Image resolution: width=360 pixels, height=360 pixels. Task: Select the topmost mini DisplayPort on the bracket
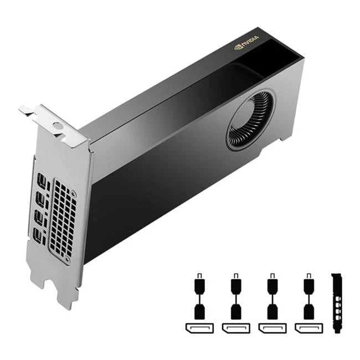point(42,181)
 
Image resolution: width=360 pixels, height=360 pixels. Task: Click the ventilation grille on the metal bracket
point(63,219)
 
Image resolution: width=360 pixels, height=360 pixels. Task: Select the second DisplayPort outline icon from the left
point(235,328)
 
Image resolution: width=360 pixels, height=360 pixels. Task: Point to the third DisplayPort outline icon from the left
point(272,328)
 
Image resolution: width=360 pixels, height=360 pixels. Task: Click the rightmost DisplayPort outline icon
point(308,328)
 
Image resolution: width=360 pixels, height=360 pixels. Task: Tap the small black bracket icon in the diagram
point(336,302)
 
